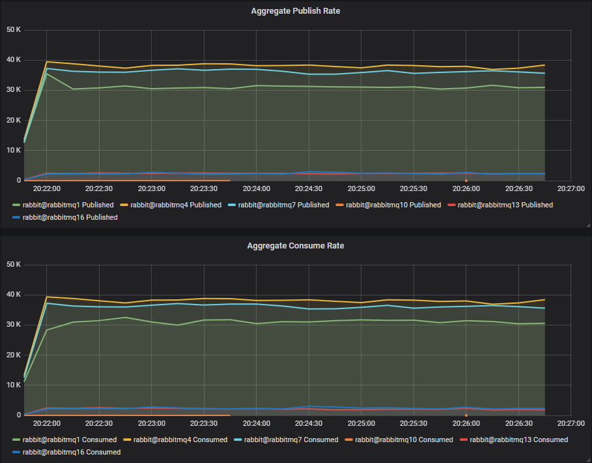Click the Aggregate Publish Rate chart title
click(296, 11)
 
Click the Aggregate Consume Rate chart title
click(296, 246)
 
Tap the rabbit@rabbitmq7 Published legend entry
click(283, 205)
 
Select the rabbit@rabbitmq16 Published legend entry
click(70, 217)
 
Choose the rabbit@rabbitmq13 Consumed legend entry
click(518, 440)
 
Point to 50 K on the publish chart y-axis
click(13, 30)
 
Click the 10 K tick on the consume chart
click(13, 385)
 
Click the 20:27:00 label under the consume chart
click(570, 423)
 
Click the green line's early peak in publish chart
click(47, 74)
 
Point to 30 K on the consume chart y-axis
click(13, 325)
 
